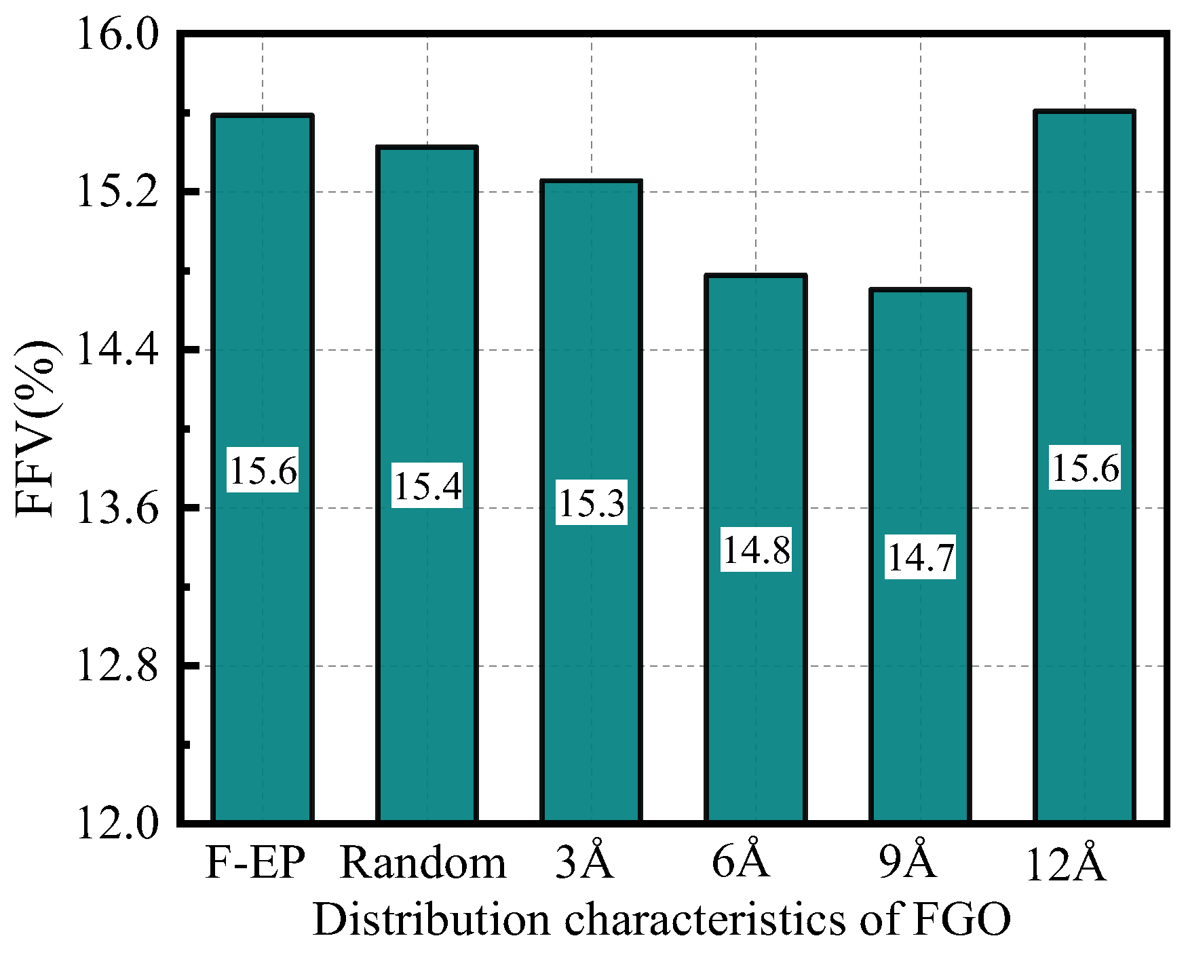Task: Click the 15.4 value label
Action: [427, 486]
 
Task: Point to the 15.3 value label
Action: [592, 503]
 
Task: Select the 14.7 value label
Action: [920, 558]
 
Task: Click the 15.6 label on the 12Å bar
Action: [1084, 467]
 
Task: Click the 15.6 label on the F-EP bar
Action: [263, 470]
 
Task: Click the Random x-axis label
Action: [423, 863]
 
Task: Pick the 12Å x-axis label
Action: [1066, 863]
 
